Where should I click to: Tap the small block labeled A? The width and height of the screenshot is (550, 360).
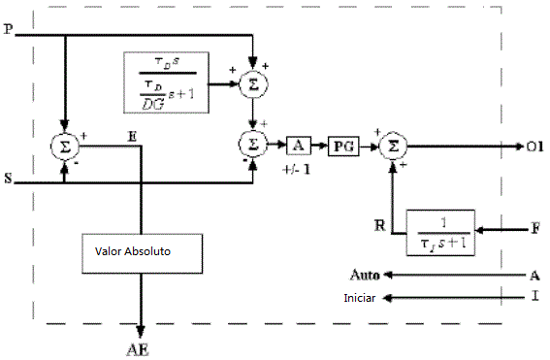pos(297,145)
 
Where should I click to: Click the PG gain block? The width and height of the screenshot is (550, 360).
pos(341,145)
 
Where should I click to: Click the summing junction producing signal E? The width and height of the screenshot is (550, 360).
pos(64,147)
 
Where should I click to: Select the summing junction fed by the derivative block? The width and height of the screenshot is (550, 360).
pos(252,83)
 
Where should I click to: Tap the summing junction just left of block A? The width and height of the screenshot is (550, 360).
pos(252,145)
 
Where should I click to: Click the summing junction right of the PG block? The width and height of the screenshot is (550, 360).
pos(393,145)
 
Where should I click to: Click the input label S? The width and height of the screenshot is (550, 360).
pos(9,181)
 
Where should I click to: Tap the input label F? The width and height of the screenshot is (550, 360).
pos(534,232)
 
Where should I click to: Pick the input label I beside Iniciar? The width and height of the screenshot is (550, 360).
pos(534,297)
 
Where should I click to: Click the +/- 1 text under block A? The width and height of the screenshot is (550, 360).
pos(296,168)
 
